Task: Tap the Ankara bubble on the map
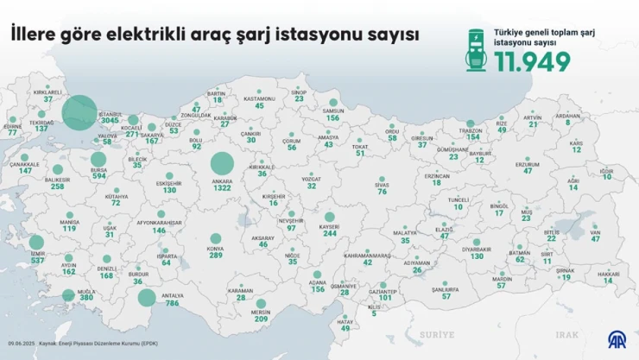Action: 222,164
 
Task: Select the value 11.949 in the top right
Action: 532,62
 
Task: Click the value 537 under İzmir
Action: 37,260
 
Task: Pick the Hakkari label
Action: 609,274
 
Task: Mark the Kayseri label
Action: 329,226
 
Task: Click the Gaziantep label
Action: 384,291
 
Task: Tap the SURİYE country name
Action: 434,332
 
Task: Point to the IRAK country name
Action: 566,333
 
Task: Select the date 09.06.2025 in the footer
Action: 19,344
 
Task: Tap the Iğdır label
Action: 607,172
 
